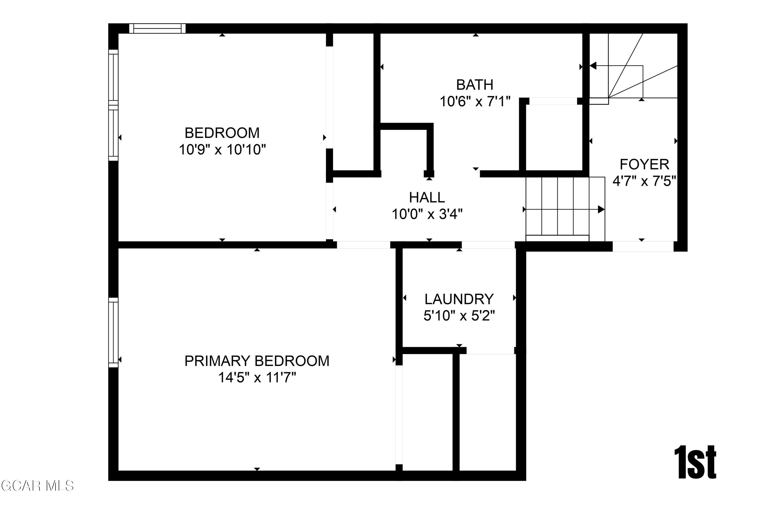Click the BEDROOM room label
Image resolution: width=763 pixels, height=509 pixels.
click(222, 133)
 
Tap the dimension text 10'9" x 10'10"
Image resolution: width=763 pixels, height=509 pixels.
click(222, 150)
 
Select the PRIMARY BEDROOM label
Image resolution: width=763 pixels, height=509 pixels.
click(257, 361)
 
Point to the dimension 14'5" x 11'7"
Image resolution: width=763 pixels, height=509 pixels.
click(257, 377)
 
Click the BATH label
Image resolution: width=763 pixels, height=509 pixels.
click(475, 85)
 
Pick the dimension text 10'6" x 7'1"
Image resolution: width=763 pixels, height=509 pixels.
click(475, 102)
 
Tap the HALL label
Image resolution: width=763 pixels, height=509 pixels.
click(427, 197)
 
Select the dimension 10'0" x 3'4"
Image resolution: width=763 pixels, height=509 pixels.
click(427, 214)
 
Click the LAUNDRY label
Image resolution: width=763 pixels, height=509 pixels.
click(459, 299)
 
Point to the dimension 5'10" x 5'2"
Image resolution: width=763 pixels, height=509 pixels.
click(459, 316)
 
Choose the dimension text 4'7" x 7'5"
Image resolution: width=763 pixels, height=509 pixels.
click(644, 181)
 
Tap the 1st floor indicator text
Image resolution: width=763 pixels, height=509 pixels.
click(695, 463)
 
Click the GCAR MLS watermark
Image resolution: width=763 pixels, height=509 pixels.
click(37, 486)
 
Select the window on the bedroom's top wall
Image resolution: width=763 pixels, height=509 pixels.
click(157, 29)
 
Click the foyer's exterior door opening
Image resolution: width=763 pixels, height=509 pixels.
click(643, 246)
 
